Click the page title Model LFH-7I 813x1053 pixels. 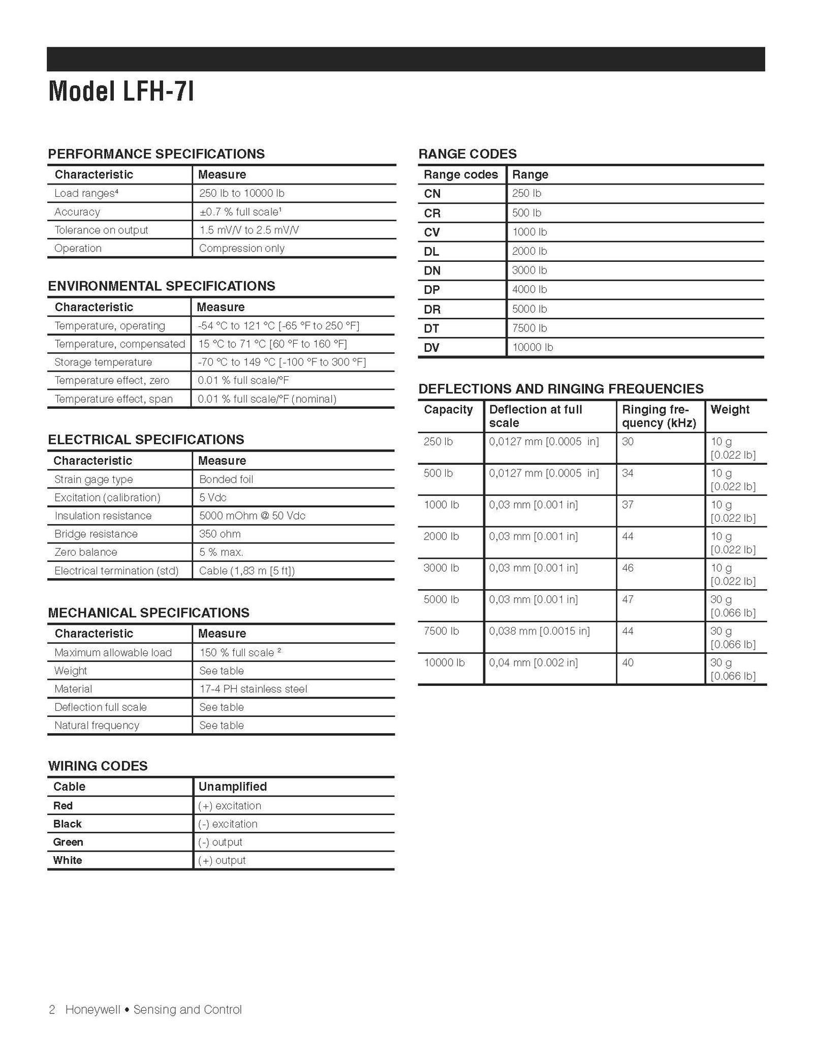121,92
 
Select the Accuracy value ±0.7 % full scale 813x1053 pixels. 239,212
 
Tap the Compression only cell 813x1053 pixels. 241,248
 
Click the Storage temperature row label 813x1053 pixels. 103,362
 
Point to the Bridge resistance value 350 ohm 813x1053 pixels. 220,534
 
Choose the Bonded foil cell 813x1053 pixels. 226,479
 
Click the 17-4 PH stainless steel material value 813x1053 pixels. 253,689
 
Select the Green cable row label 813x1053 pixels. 68,842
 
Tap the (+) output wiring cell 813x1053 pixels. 222,860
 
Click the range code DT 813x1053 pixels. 431,328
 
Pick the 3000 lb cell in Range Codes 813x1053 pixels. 529,270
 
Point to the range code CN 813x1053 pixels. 432,194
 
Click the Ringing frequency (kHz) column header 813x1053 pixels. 659,416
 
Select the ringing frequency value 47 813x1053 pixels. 628,599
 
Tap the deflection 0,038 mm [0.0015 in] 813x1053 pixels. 539,631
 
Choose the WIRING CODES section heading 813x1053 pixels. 98,766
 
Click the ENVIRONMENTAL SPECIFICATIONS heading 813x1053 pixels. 162,286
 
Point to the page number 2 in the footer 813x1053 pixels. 52,1010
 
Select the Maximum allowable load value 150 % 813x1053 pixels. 240,652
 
